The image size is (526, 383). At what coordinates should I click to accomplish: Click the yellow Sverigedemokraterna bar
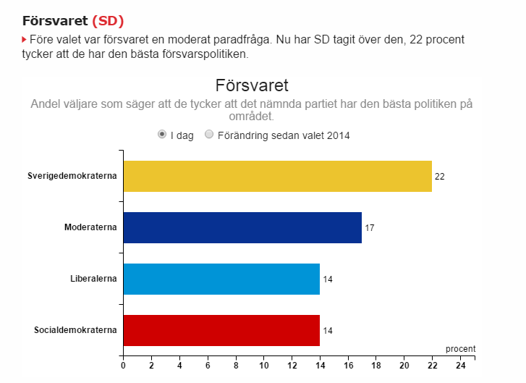pyautogui.click(x=277, y=176)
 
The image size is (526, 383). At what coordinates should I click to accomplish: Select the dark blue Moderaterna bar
pyautogui.click(x=242, y=227)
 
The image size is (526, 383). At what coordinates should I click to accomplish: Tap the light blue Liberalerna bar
pyautogui.click(x=221, y=279)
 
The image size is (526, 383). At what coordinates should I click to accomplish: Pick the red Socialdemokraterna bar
pyautogui.click(x=221, y=330)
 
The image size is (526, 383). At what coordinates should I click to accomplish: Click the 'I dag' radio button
pyautogui.click(x=162, y=135)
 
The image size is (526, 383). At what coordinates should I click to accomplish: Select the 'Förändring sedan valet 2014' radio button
pyautogui.click(x=209, y=135)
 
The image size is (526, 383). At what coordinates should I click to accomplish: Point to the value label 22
pyautogui.click(x=439, y=177)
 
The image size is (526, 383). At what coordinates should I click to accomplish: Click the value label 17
pyautogui.click(x=369, y=228)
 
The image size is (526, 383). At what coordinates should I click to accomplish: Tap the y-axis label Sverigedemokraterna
pyautogui.click(x=72, y=177)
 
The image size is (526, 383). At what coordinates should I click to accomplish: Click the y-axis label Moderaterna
pyautogui.click(x=90, y=228)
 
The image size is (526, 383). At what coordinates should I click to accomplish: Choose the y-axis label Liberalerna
pyautogui.click(x=93, y=279)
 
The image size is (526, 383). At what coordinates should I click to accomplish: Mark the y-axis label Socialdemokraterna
pyautogui.click(x=75, y=331)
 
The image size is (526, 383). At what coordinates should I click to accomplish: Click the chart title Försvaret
pyautogui.click(x=252, y=85)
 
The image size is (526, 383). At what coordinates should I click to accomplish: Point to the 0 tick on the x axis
pyautogui.click(x=123, y=366)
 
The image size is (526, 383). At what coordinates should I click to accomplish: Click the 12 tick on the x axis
pyautogui.click(x=292, y=366)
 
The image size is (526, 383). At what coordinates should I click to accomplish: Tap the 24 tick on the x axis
pyautogui.click(x=460, y=366)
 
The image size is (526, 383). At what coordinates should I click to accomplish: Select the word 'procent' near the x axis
pyautogui.click(x=460, y=349)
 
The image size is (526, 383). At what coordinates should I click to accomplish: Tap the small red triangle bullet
pyautogui.click(x=25, y=38)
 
